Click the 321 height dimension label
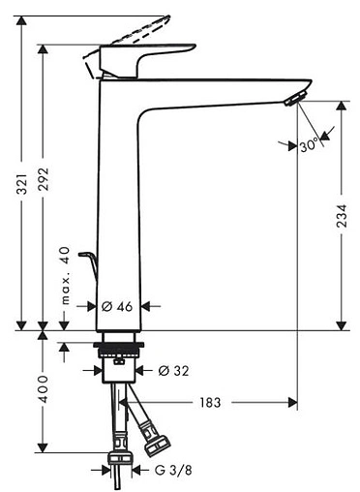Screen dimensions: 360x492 pyautogui.click(x=22, y=184)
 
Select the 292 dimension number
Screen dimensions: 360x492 pyautogui.click(x=43, y=179)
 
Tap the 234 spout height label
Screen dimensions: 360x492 pyautogui.click(x=342, y=216)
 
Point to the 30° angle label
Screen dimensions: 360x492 pyautogui.click(x=309, y=145)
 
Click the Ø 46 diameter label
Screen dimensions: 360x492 pyautogui.click(x=117, y=306)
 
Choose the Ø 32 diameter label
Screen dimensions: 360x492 pyautogui.click(x=173, y=371)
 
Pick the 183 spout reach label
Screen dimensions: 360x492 pyautogui.click(x=210, y=403)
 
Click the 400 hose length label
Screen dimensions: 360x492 pyautogui.click(x=43, y=389)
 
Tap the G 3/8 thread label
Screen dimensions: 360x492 pyautogui.click(x=173, y=470)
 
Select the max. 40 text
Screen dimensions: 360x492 pyautogui.click(x=65, y=275)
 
